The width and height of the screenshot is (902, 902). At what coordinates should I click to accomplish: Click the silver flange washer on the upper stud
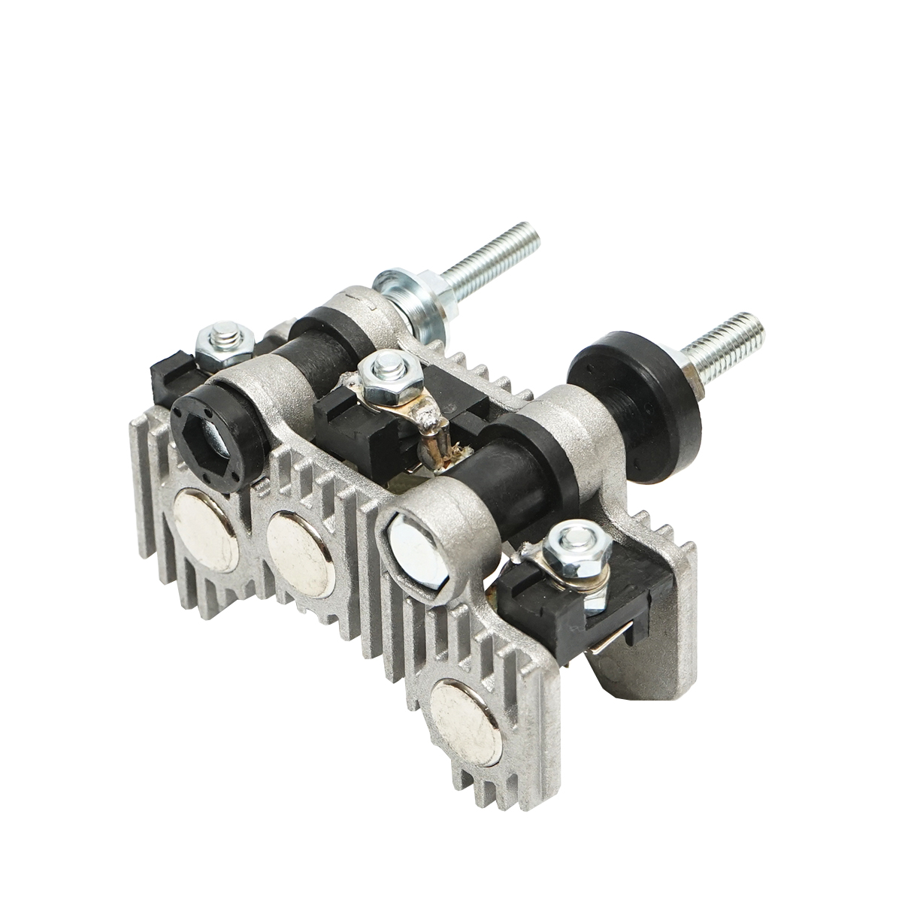click(406, 297)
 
